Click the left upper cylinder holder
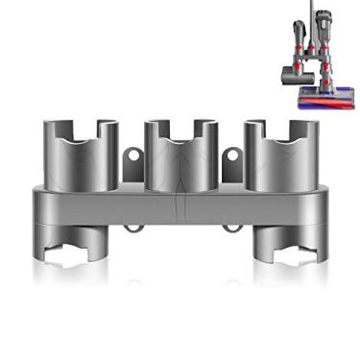pyautogui.click(x=81, y=154)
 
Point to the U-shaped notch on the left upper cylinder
pyautogui.click(x=81, y=130)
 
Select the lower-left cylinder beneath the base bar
pyautogui.click(x=81, y=245)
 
